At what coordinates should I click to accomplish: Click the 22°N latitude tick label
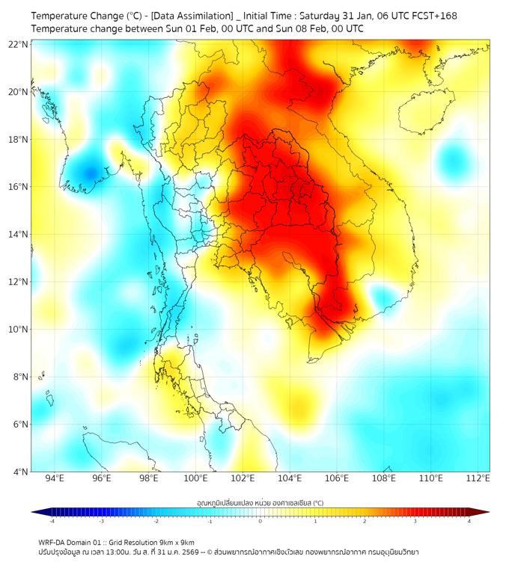pyautogui.click(x=19, y=45)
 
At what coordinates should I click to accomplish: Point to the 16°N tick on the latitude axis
pyautogui.click(x=19, y=187)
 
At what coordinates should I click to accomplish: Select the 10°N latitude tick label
pyautogui.click(x=19, y=330)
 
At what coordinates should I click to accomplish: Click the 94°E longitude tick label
pyautogui.click(x=55, y=478)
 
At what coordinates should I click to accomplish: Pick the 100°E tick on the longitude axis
pyautogui.click(x=195, y=478)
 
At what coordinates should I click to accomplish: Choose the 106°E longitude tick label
pyautogui.click(x=337, y=478)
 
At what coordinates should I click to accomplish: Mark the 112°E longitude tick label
pyautogui.click(x=478, y=478)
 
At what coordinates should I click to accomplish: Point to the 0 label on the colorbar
pyautogui.click(x=260, y=521)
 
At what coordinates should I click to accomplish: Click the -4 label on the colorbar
pyautogui.click(x=52, y=521)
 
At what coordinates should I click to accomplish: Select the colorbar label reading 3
pyautogui.click(x=416, y=521)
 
